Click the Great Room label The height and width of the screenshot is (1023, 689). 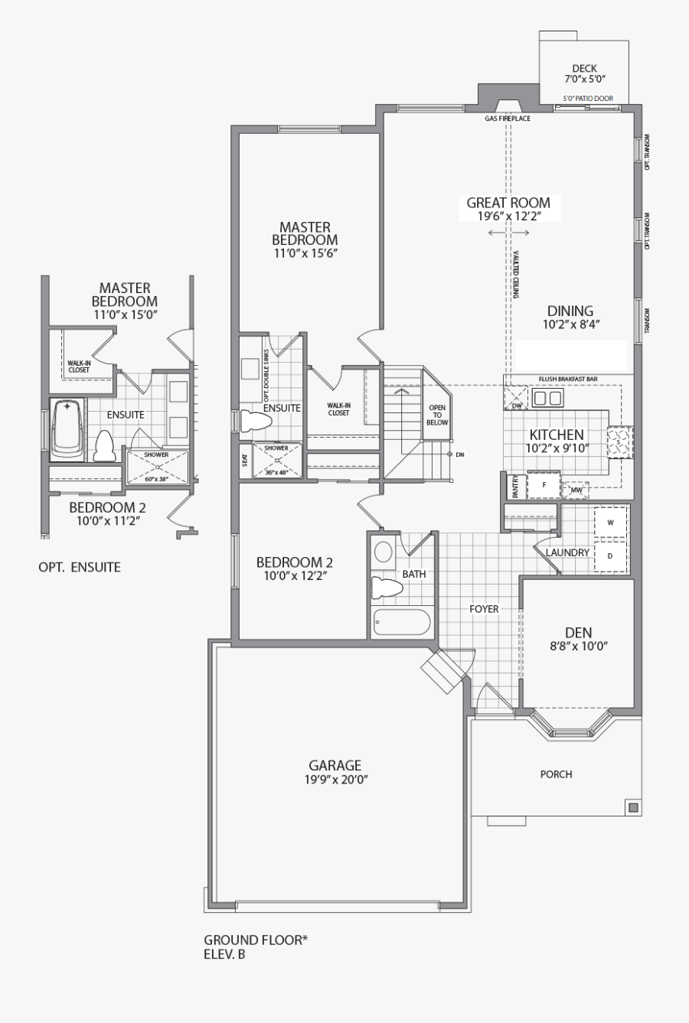[508, 203]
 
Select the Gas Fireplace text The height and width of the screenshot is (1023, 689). [507, 119]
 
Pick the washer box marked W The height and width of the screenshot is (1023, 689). [610, 523]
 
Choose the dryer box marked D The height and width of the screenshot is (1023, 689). [610, 556]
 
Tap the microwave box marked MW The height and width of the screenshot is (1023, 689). [576, 490]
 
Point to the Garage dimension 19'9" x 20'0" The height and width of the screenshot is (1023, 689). [335, 780]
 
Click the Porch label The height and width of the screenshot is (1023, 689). [556, 774]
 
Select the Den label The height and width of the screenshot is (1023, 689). [578, 633]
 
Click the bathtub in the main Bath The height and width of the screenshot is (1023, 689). [402, 622]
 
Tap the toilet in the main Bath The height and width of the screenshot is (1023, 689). [387, 588]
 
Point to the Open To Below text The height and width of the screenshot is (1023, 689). [437, 415]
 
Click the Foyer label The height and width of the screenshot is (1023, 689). [484, 609]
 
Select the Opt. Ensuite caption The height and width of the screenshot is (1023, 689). [79, 567]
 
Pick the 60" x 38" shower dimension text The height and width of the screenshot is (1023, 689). [156, 478]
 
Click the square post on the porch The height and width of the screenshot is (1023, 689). [632, 806]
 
